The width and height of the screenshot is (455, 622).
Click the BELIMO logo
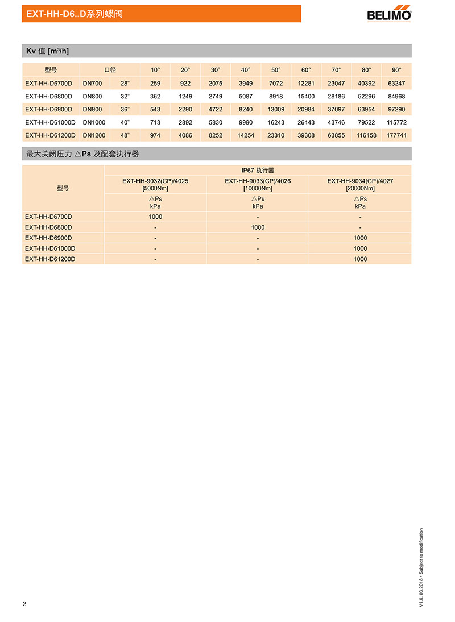click(x=389, y=14)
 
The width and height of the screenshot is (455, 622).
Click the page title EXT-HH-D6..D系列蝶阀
click(x=75, y=14)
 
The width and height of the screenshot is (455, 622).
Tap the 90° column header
click(x=396, y=70)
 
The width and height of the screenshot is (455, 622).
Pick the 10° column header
click(x=155, y=70)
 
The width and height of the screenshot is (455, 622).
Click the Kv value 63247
click(x=396, y=83)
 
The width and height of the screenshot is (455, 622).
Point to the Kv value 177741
click(x=396, y=135)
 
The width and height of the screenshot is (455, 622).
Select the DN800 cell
click(x=92, y=96)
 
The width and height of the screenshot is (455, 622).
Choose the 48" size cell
click(x=125, y=135)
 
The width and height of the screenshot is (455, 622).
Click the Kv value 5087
click(x=246, y=96)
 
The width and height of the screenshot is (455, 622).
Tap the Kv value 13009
click(x=276, y=109)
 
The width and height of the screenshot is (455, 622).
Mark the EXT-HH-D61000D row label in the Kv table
click(x=50, y=122)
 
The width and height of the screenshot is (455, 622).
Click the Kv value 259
click(x=155, y=83)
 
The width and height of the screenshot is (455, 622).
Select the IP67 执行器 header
click(x=258, y=170)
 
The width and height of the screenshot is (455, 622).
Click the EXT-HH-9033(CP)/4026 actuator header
click(x=258, y=181)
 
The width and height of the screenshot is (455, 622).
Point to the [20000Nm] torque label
click(x=360, y=188)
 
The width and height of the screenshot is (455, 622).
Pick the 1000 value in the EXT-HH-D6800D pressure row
click(x=258, y=227)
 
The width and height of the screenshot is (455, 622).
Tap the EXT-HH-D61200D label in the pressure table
click(x=50, y=259)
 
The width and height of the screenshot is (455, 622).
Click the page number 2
click(x=24, y=604)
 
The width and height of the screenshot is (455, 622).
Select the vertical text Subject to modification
click(x=421, y=551)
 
